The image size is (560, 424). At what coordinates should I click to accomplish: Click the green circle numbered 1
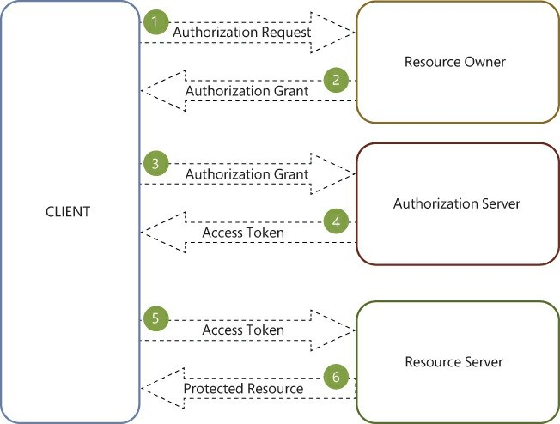(x=155, y=21)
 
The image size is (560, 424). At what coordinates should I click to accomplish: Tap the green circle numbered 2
(x=336, y=81)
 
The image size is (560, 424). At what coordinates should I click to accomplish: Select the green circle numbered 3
(x=155, y=163)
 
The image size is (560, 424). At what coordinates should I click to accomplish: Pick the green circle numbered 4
(x=336, y=223)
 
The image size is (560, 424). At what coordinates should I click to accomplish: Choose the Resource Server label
(x=453, y=361)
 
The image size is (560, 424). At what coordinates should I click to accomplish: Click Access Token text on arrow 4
(x=242, y=233)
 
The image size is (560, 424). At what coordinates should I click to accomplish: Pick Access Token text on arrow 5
(x=242, y=330)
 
